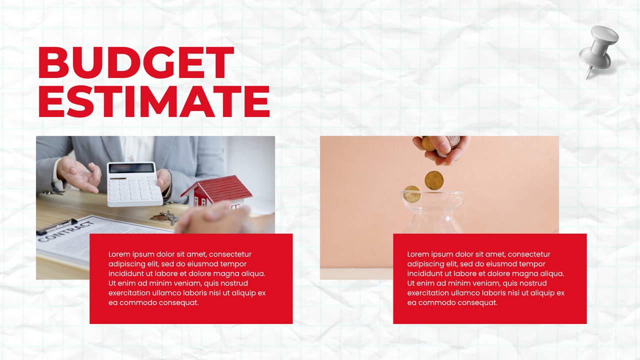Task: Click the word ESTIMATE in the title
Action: click(154, 102)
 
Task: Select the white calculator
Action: click(134, 184)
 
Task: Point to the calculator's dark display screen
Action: click(131, 168)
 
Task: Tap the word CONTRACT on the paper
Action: click(59, 231)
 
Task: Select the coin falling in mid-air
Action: click(434, 180)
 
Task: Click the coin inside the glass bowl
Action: click(411, 194)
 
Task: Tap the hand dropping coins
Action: click(442, 147)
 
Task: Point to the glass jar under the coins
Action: click(433, 212)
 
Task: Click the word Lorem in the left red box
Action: click(119, 254)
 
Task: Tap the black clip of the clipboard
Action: click(56, 226)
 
